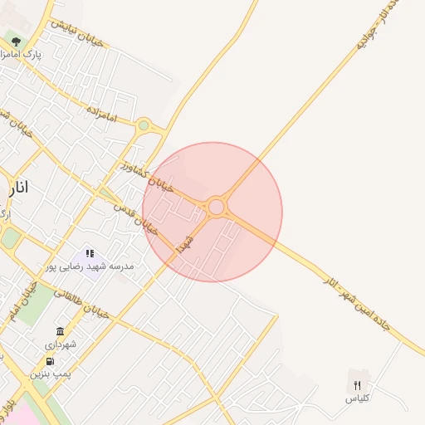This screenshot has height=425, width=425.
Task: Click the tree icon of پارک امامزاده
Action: click(x=16, y=42)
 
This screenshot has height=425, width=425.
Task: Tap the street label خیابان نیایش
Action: click(x=76, y=32)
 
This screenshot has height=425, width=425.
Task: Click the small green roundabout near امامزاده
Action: click(x=144, y=125)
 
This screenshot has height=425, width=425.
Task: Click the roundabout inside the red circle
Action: click(x=217, y=206)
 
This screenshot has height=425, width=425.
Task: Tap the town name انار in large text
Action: click(x=17, y=188)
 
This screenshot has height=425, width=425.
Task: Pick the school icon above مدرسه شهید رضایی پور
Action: click(x=90, y=253)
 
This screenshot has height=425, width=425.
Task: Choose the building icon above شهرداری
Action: click(x=60, y=331)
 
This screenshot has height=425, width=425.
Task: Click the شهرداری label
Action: click(x=60, y=344)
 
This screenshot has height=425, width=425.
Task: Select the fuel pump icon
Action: click(x=51, y=361)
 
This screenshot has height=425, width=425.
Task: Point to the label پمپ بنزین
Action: click(x=51, y=374)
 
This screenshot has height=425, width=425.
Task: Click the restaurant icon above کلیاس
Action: click(x=357, y=385)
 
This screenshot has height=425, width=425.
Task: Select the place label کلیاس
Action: click(x=357, y=398)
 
